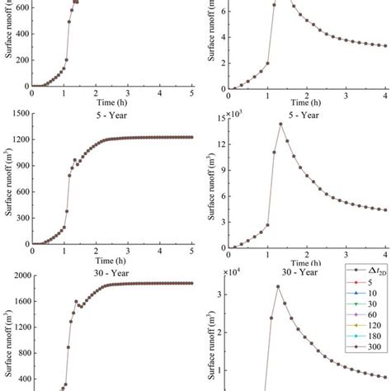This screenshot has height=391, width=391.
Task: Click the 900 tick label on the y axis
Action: [x=21, y=162]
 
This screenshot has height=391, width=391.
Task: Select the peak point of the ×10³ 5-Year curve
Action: [x=280, y=124]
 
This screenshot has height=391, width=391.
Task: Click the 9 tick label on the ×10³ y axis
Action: [x=219, y=172]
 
